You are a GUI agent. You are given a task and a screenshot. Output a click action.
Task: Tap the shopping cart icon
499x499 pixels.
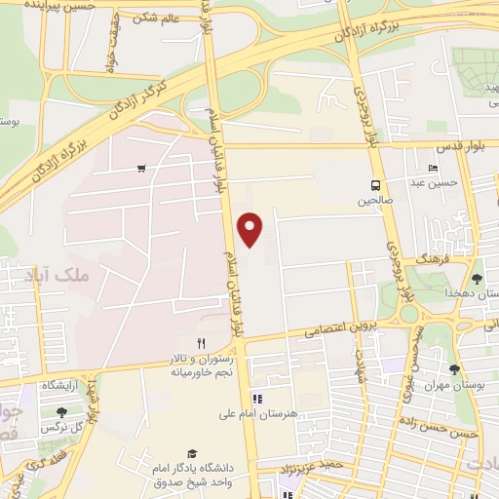coord(142,169)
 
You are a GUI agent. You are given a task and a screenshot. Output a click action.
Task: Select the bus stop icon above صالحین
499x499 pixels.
coord(375,185)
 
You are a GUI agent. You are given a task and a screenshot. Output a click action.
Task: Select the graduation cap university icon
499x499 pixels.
coord(192,454)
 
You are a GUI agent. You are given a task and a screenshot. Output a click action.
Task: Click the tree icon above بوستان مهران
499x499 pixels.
coord(454,369)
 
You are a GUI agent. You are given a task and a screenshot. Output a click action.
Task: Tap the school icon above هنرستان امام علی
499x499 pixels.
coord(257,398)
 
